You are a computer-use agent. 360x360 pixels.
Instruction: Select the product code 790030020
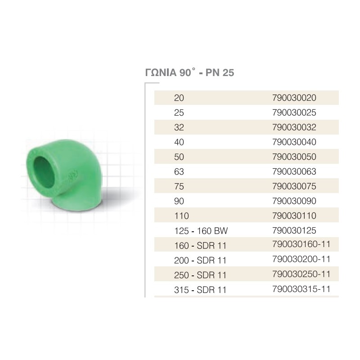point(294,98)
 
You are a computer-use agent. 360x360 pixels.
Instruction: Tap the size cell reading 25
point(179,112)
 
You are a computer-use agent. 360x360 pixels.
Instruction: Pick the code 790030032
point(294,127)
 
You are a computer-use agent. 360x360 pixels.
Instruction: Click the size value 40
point(179,142)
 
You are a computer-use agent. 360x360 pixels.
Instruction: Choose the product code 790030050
point(294,157)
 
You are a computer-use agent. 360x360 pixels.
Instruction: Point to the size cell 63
point(179,172)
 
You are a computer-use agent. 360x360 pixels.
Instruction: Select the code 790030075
point(294,186)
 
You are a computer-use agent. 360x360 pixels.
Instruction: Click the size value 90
point(179,201)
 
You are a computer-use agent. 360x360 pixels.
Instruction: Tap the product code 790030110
point(294,216)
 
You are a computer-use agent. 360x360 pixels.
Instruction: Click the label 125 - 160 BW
point(201,231)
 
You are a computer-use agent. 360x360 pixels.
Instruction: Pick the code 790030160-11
point(301,245)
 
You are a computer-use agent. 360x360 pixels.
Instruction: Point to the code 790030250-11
point(301,274)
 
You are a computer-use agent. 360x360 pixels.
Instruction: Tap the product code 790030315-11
point(301,289)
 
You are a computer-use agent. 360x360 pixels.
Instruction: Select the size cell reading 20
point(179,98)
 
